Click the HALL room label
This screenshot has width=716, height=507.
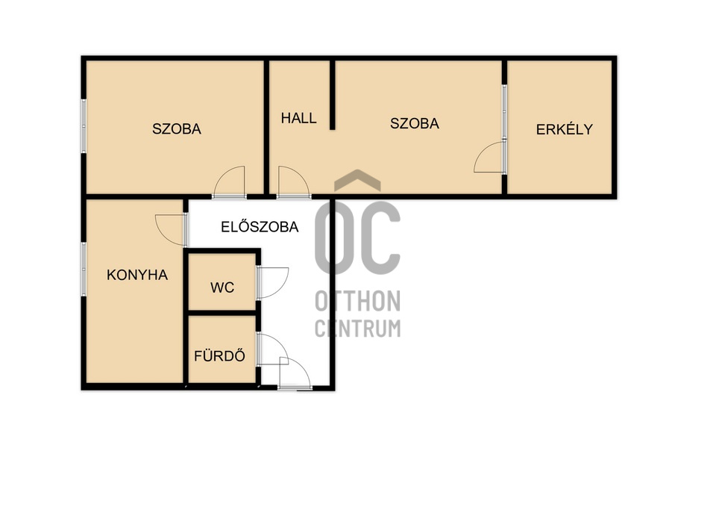(298, 119)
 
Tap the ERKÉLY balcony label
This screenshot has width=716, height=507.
(565, 129)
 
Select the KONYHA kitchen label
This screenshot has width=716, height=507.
(137, 275)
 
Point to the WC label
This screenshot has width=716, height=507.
(222, 287)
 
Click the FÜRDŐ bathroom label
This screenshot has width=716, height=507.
(219, 355)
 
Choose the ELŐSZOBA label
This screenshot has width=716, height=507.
(260, 227)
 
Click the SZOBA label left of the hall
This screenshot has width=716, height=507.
(177, 129)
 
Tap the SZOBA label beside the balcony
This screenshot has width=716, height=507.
(415, 123)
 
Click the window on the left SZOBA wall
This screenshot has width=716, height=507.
(84, 125)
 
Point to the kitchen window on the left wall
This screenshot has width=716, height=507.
(84, 269)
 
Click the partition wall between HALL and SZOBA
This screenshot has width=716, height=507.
(333, 95)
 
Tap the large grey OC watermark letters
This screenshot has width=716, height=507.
(357, 237)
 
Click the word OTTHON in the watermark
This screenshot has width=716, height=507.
(357, 301)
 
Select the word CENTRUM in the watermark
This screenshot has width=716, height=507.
(357, 328)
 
